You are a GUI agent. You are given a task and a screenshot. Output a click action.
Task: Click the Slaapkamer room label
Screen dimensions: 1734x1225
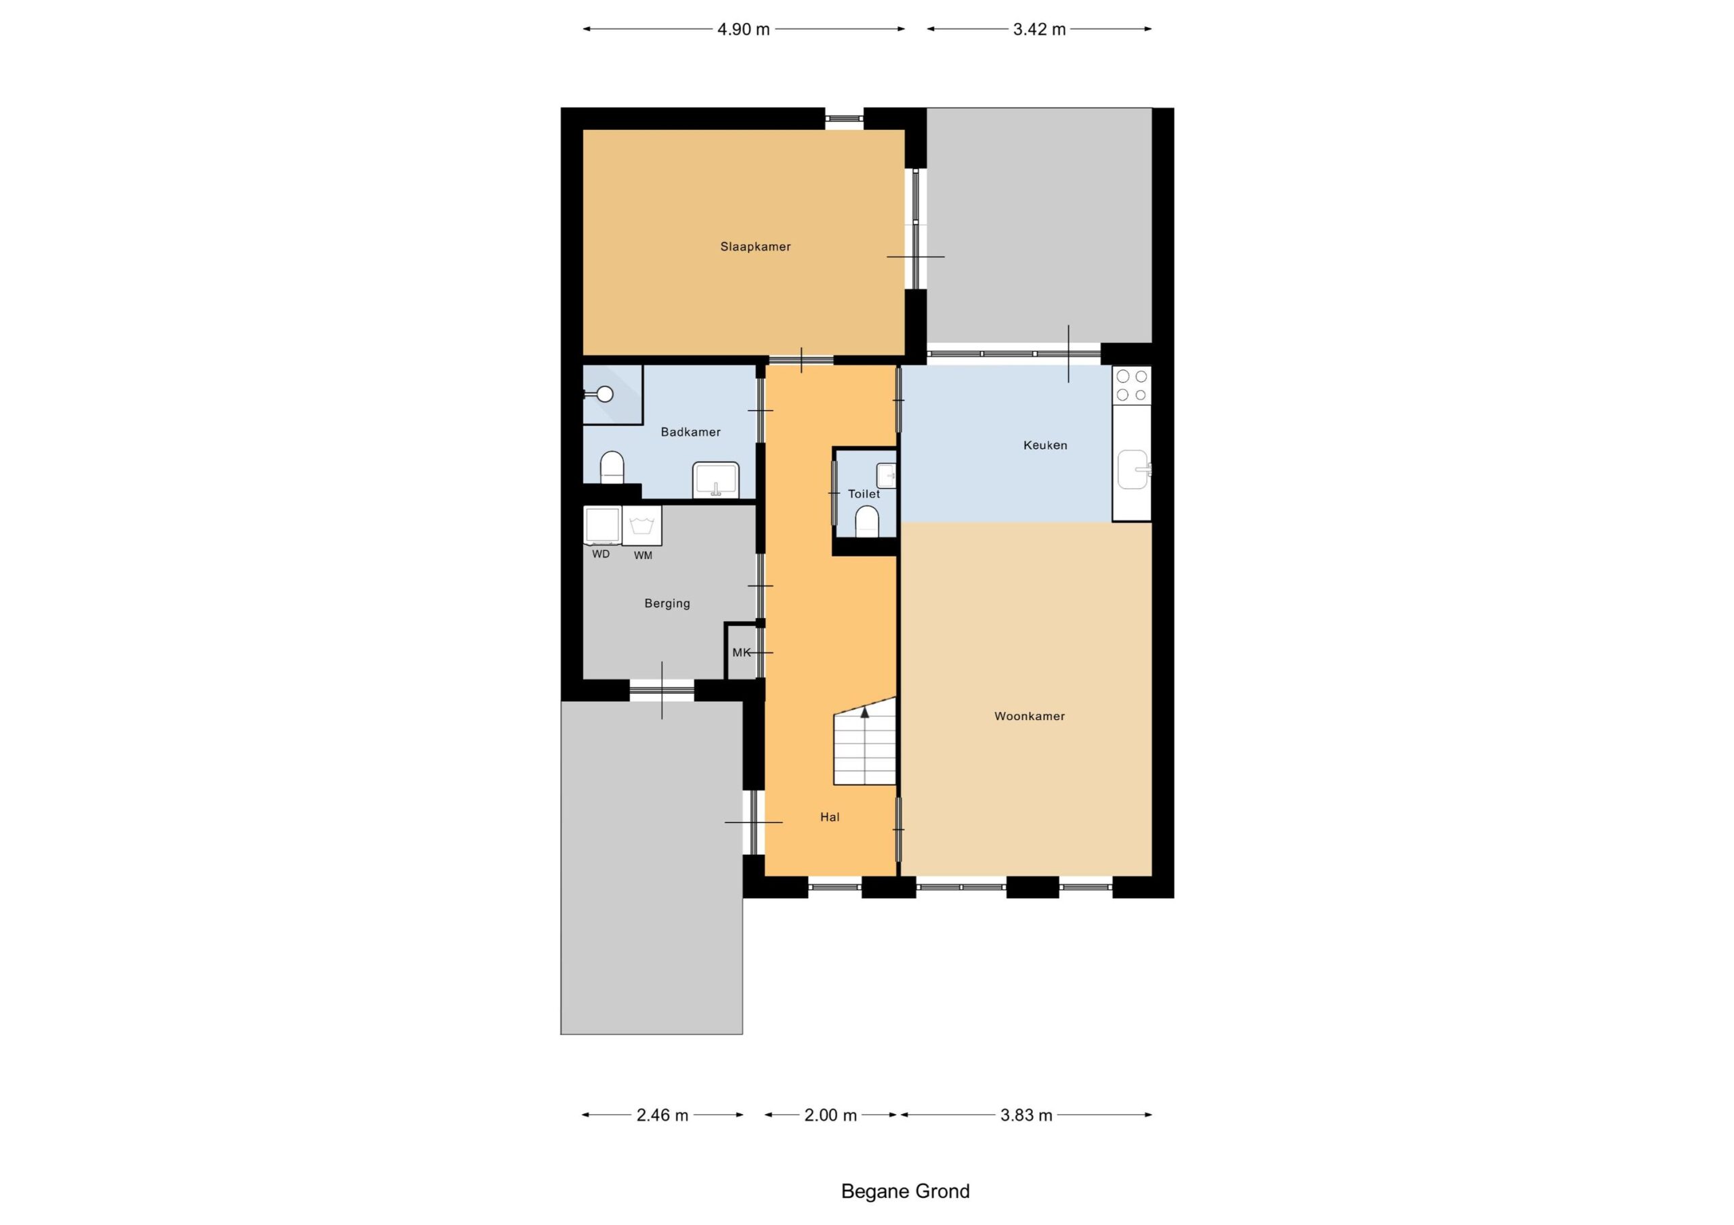pos(755,247)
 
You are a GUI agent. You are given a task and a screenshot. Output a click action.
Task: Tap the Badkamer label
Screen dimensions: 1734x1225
pos(690,432)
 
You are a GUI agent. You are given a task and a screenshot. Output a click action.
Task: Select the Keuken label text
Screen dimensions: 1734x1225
pos(1045,445)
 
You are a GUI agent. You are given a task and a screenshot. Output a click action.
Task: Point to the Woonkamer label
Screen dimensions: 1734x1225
pos(1030,716)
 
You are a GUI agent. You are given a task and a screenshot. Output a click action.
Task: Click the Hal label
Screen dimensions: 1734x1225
pos(830,817)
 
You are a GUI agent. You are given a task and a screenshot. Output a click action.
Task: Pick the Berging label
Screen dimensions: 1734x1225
pos(667,604)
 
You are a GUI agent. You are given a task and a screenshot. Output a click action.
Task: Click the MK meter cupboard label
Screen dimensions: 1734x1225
pos(741,653)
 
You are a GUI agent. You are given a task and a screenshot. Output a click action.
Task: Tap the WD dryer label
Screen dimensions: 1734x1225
pos(601,554)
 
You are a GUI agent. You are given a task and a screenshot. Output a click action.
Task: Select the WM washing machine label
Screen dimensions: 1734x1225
pos(643,556)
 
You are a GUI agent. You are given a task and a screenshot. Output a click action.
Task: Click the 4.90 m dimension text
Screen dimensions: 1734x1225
pos(744,29)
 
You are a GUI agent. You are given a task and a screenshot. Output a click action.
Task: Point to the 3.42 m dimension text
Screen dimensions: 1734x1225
pos(1039,29)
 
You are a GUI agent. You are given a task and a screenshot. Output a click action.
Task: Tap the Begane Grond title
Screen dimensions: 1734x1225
pos(906,1191)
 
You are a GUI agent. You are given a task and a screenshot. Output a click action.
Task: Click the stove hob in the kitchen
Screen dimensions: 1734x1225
pos(1131,385)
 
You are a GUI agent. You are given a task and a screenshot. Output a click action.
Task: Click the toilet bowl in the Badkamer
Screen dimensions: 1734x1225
pos(612,467)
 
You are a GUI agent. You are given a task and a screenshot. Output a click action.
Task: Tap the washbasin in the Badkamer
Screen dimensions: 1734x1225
pos(716,480)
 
